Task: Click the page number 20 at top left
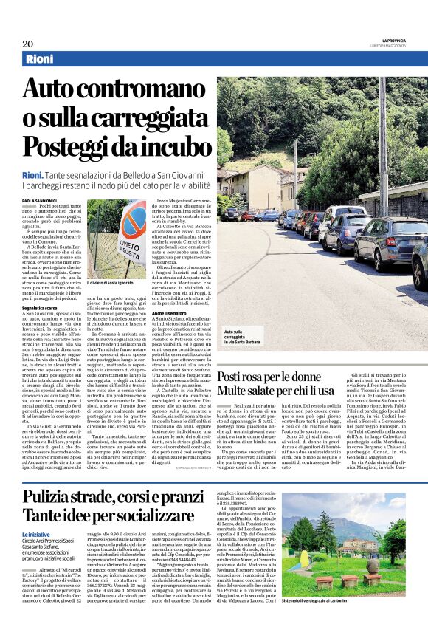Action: click(x=27, y=43)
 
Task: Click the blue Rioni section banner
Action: click(x=44, y=59)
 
